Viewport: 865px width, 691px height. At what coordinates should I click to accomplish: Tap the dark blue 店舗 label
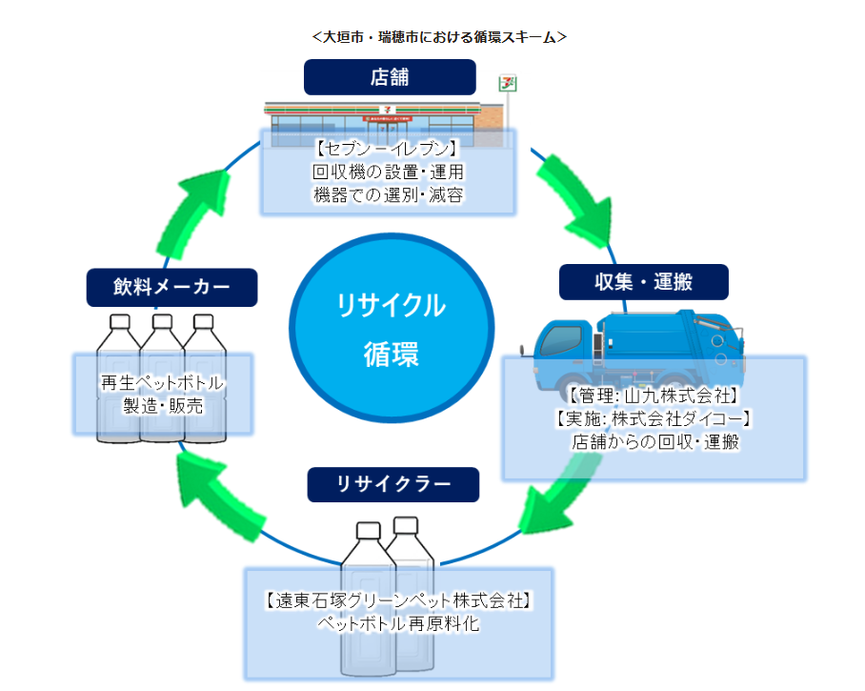[x=390, y=77]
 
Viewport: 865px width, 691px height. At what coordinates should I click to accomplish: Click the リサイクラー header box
[x=392, y=483]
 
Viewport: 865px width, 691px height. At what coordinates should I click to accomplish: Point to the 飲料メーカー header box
[x=172, y=286]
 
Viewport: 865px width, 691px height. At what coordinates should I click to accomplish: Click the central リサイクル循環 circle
[x=391, y=329]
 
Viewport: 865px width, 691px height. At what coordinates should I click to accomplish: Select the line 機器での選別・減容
[x=388, y=194]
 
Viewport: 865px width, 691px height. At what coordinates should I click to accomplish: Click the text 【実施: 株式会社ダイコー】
[x=654, y=418]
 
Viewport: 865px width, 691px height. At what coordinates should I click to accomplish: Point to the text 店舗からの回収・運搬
[x=654, y=442]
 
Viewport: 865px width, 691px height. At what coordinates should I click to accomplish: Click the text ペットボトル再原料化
[x=397, y=624]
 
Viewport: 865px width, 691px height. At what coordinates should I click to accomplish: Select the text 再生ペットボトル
[x=163, y=384]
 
